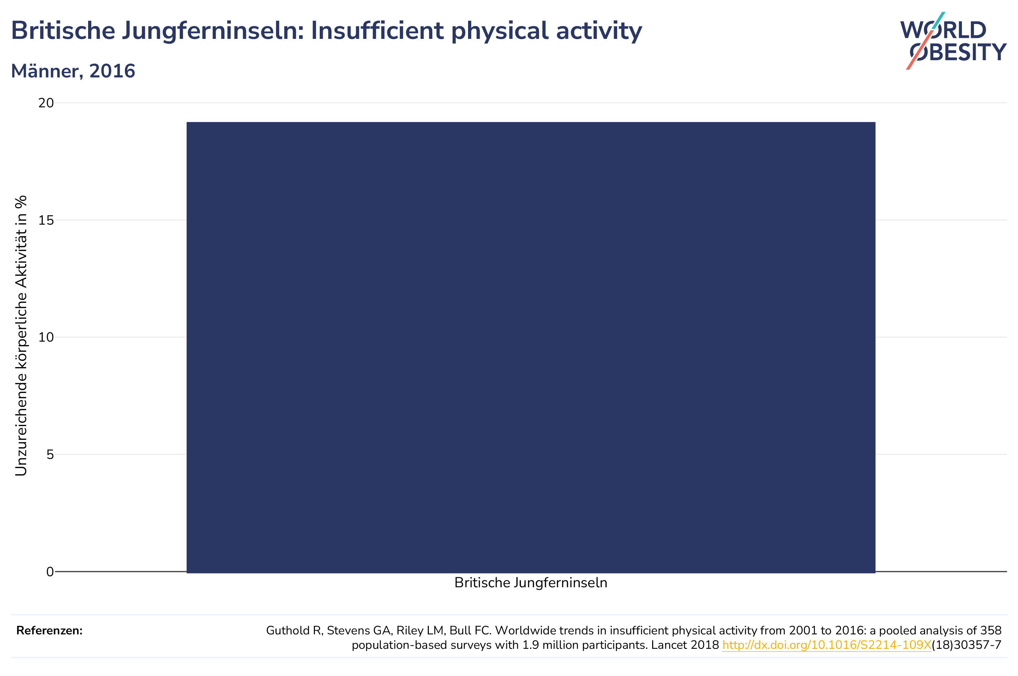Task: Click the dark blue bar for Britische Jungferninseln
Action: [531, 347]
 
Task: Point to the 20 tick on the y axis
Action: [46, 103]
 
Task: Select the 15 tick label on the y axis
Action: [46, 220]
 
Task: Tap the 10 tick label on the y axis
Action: [46, 337]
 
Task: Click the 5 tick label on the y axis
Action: [50, 454]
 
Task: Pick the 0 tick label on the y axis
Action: [50, 572]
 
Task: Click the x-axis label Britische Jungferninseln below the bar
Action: [531, 583]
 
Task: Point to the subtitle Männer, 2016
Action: [73, 71]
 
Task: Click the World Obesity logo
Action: [953, 41]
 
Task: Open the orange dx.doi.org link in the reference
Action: [827, 645]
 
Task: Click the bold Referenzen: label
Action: [49, 630]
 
